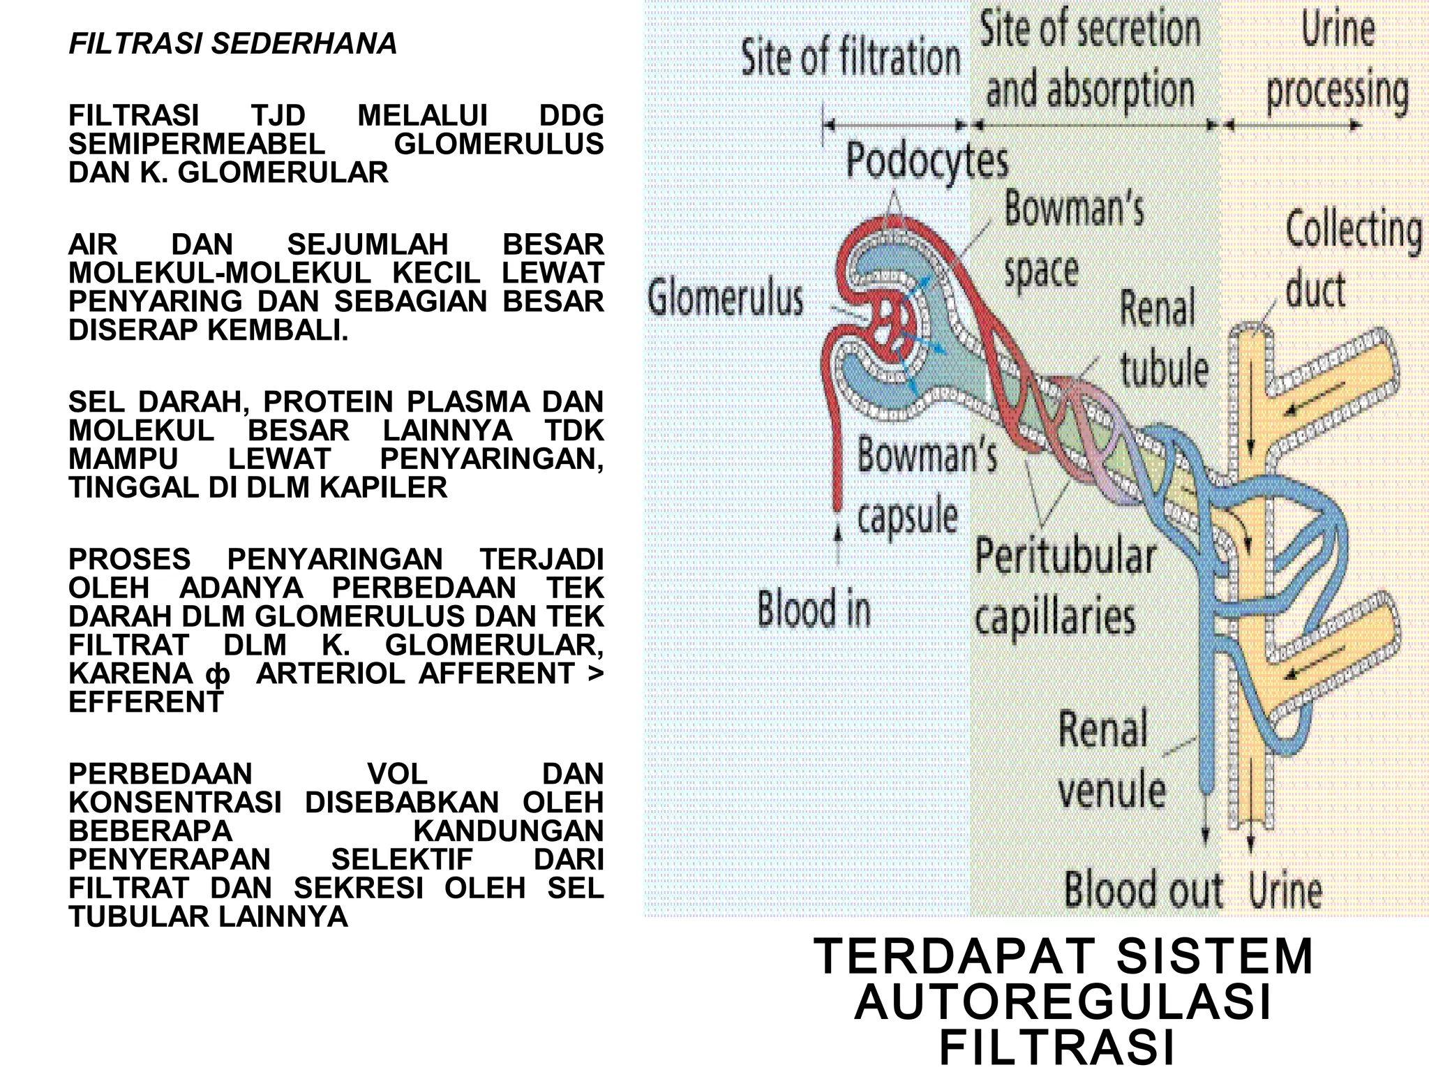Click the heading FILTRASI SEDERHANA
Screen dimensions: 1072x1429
(232, 44)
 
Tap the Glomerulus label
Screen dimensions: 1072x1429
(726, 299)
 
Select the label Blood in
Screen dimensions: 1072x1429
(814, 609)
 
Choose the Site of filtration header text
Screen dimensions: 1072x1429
(850, 57)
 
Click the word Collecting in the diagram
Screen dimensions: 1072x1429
(1353, 230)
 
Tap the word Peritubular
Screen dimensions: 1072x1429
(1065, 557)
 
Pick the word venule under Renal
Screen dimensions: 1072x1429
(1112, 791)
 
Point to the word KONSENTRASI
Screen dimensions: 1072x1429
(175, 803)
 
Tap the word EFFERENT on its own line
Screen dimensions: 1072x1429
(146, 702)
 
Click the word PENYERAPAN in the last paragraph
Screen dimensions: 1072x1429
(170, 859)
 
